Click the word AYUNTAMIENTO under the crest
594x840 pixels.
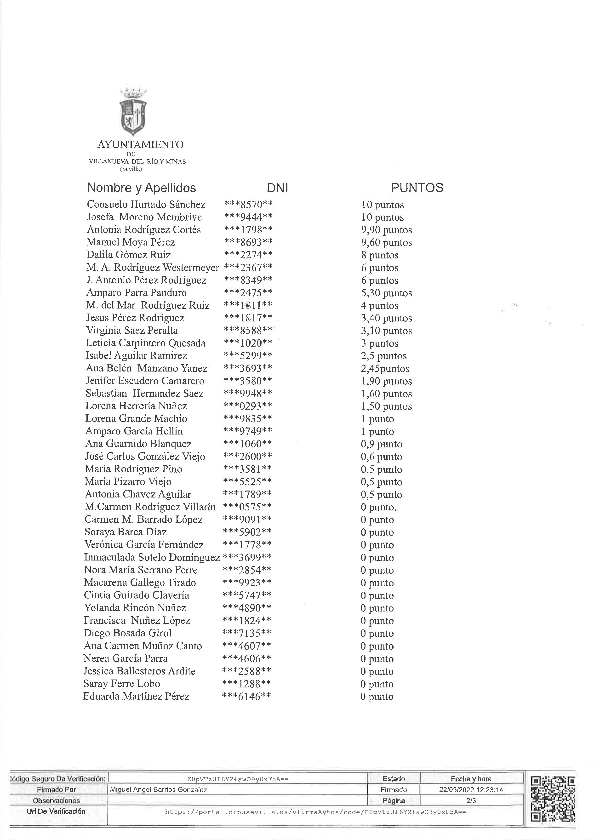pos(140,144)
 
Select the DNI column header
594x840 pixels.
pos(277,188)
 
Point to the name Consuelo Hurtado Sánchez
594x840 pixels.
pos(146,205)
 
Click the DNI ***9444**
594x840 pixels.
pos(248,217)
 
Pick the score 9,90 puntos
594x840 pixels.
pos(386,230)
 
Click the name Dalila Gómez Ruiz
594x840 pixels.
pos(128,255)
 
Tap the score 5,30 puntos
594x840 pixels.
pos(386,293)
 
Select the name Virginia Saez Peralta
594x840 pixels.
pos(132,330)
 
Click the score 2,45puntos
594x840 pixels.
pos(385,368)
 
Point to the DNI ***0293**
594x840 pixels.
pos(248,406)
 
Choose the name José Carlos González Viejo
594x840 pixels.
pos(145,457)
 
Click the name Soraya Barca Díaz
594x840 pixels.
pos(126,532)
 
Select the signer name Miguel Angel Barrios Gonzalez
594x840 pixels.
pos(158,789)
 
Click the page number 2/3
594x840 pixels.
pos(471,800)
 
